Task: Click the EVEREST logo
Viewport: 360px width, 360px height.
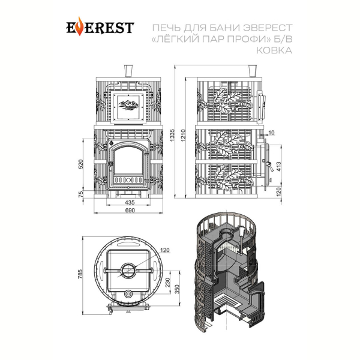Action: coord(100,26)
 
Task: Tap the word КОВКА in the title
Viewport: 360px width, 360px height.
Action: coord(274,50)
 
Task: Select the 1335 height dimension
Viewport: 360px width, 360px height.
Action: coord(173,135)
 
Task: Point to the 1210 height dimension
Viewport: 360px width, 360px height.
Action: coord(183,135)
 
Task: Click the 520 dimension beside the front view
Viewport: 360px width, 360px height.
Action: coord(81,164)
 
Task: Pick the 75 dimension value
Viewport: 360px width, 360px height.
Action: coord(81,194)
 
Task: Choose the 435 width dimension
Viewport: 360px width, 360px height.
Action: coord(130,202)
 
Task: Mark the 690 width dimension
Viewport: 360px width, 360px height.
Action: coord(130,210)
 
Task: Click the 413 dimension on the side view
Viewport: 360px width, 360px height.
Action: coord(278,166)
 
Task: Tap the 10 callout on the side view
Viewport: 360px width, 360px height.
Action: coord(271,133)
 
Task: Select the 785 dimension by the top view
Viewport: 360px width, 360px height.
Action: coord(80,274)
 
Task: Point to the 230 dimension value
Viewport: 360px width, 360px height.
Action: coord(168,282)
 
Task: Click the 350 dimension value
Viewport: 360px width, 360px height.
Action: coord(177,289)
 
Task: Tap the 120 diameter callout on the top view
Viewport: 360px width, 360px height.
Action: coord(164,250)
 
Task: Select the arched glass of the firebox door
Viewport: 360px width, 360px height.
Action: coord(128,160)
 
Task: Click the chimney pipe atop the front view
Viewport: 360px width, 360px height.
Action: coord(128,71)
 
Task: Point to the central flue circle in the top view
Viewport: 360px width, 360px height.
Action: coord(128,270)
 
